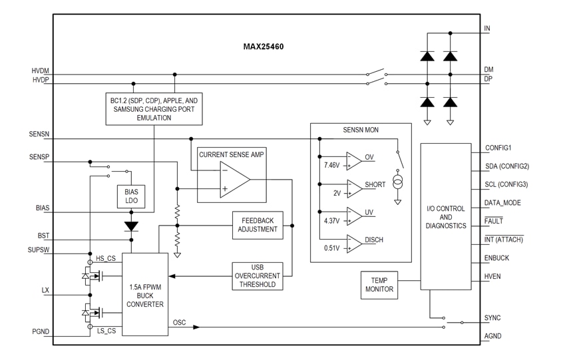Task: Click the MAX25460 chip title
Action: [264, 48]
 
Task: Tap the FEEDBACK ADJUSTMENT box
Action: [258, 225]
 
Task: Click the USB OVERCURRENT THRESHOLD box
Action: [258, 275]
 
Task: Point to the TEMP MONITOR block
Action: [379, 284]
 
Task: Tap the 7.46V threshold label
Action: [331, 164]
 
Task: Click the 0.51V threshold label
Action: [331, 248]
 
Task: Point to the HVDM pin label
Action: [40, 71]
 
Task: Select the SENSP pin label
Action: [39, 157]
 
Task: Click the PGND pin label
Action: [39, 331]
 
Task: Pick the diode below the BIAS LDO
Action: [131, 226]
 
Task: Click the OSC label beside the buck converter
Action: [180, 323]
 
